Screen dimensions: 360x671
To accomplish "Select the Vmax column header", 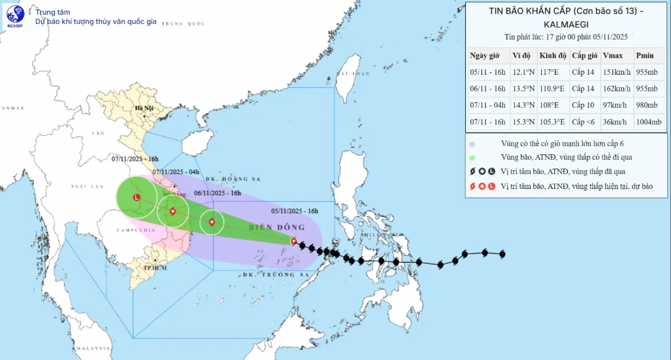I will coord(612,56).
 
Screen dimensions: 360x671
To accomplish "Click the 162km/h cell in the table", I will coord(617,89).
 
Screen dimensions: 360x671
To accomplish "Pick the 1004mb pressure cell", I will coord(649,122).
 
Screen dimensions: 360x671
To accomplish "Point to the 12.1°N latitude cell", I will coord(523,72).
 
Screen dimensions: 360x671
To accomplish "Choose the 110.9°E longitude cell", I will coord(552,89).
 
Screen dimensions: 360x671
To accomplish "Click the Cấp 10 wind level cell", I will coord(584,105).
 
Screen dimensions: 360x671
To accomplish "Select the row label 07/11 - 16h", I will coord(487,122).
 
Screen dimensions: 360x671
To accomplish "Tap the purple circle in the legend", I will coord(472,144).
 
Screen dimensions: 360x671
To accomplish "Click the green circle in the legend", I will coord(472,157).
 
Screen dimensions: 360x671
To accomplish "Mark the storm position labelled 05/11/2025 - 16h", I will coord(293,242).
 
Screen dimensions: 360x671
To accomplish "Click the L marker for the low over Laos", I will coord(136,197).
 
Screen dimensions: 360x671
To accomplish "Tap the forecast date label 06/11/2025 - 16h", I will coord(218,193).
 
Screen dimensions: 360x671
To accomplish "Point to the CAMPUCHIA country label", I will coord(120,230).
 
